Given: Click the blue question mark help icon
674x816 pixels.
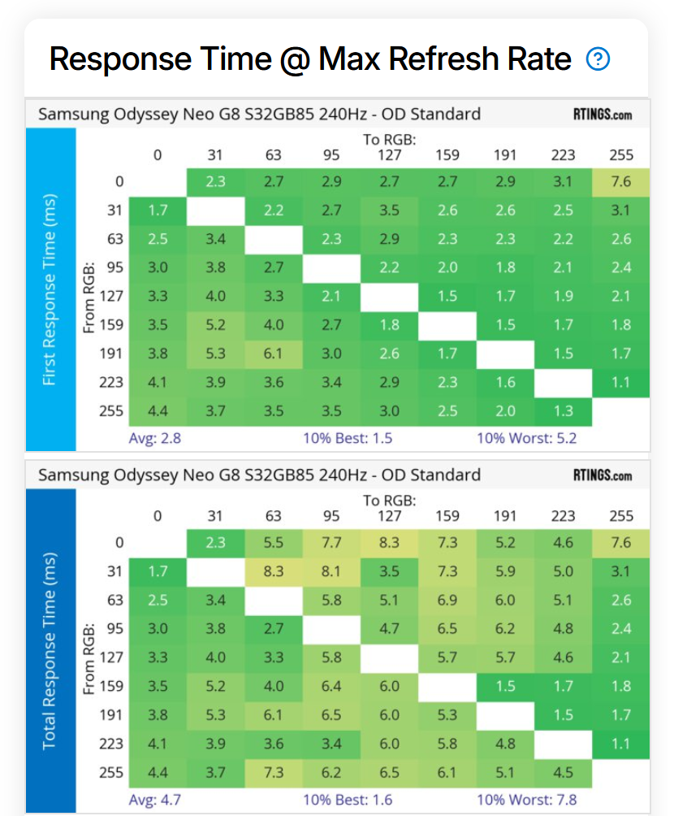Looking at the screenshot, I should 598,59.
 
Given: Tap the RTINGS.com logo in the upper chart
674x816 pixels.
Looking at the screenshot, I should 602,115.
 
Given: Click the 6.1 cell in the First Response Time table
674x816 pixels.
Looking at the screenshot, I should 274,354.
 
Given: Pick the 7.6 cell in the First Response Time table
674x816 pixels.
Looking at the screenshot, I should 621,182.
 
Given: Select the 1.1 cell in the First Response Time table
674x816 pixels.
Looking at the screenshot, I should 621,382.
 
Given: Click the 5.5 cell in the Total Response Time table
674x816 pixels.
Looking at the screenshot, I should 274,543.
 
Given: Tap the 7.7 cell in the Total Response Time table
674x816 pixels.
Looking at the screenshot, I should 331,543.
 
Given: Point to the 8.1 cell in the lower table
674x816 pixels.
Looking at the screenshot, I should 331,571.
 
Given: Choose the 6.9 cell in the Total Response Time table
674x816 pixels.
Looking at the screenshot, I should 447,600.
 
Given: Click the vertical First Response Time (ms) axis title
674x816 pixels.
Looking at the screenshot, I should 50,289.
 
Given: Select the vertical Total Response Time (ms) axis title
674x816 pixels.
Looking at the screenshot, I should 50,650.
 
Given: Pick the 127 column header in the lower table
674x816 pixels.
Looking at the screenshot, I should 390,516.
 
